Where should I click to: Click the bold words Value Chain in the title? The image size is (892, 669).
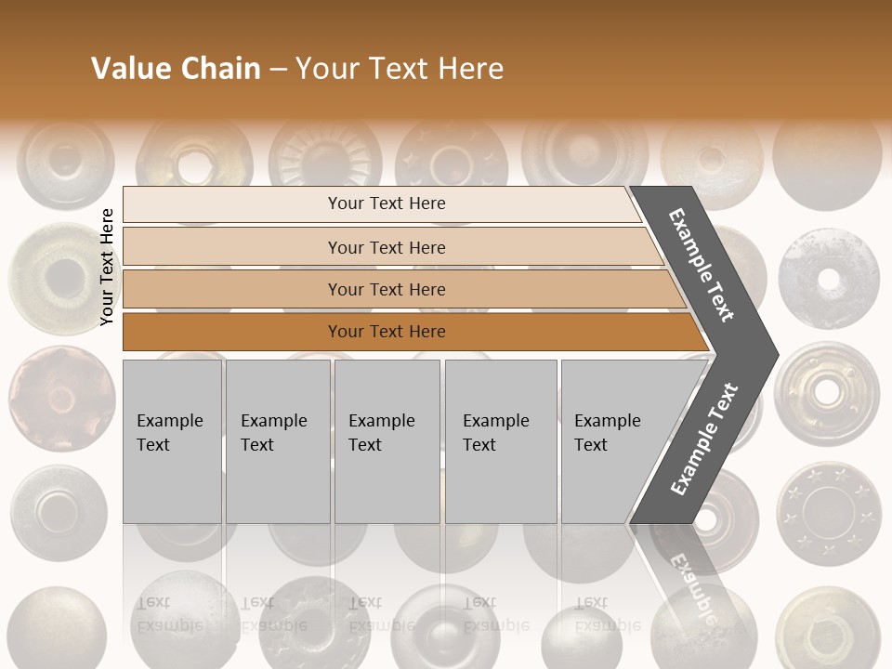tap(176, 69)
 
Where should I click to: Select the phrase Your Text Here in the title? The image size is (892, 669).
tap(400, 69)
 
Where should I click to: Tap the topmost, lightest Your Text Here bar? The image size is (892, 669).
tap(386, 203)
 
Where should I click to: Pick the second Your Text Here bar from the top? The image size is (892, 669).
tap(387, 247)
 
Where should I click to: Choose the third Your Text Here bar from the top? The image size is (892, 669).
tap(387, 289)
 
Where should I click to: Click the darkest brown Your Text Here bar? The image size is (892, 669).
tap(387, 332)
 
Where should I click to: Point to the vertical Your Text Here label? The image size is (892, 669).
tap(107, 267)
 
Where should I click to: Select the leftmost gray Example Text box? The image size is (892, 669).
tap(172, 441)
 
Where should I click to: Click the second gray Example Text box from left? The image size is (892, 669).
tap(277, 441)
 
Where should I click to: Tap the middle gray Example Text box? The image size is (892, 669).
tap(387, 441)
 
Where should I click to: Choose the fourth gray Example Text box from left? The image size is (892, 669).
tap(500, 441)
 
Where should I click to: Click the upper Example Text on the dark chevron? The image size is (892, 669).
tap(702, 265)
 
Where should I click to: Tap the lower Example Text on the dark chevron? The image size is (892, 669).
tap(705, 439)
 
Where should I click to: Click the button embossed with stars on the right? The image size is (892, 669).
tap(827, 514)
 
